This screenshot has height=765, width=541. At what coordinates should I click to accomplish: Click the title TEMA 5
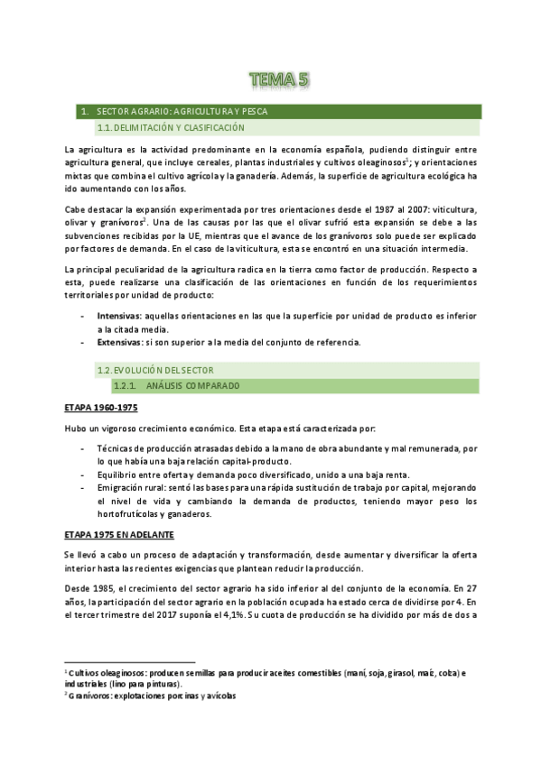pyautogui.click(x=280, y=80)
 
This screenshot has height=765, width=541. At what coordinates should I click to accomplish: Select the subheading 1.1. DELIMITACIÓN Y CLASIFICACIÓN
pyautogui.click(x=171, y=128)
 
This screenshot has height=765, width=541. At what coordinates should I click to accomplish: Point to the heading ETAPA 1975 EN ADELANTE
pyautogui.click(x=121, y=535)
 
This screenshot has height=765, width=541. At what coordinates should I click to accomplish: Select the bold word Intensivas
pyautogui.click(x=118, y=317)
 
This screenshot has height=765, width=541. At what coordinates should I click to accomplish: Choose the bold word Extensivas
pyautogui.click(x=118, y=342)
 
